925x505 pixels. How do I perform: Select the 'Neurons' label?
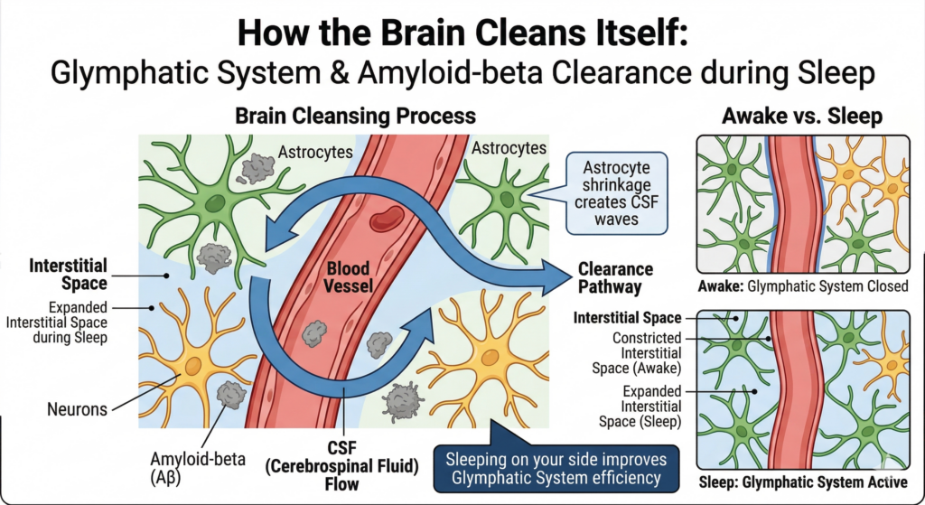click(x=77, y=409)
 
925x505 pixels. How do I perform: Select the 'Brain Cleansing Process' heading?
click(x=355, y=117)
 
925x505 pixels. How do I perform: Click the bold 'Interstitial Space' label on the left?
click(x=69, y=274)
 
